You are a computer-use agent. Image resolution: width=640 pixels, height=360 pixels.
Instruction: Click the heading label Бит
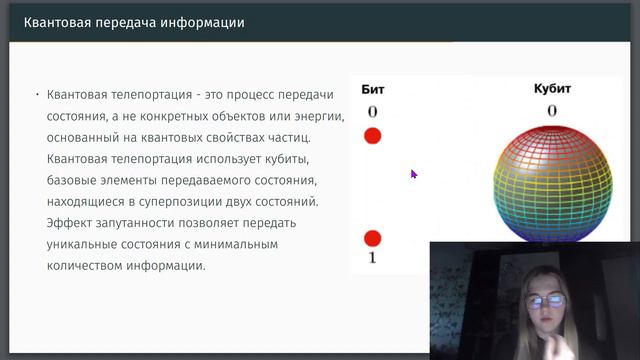[x=372, y=90]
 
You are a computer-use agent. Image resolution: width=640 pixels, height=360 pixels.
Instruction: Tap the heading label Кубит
[x=551, y=90]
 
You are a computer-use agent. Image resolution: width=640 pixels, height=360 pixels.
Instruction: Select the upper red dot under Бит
[x=372, y=136]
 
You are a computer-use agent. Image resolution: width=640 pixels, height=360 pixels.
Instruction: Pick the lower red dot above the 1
[x=372, y=238]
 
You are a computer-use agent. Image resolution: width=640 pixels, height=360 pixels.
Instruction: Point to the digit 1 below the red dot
[x=372, y=259]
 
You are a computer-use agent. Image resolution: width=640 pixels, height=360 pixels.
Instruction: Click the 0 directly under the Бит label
[x=372, y=111]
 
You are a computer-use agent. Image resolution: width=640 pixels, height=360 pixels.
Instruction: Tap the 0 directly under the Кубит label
[x=551, y=110]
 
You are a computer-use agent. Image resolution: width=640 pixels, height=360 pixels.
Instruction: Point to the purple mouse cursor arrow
[x=413, y=173]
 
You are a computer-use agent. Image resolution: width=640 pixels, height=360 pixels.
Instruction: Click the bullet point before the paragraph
[x=37, y=95]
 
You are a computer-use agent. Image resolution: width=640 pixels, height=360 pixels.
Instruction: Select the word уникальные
[x=83, y=244]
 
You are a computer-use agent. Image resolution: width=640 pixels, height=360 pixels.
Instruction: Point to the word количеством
[x=88, y=267]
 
